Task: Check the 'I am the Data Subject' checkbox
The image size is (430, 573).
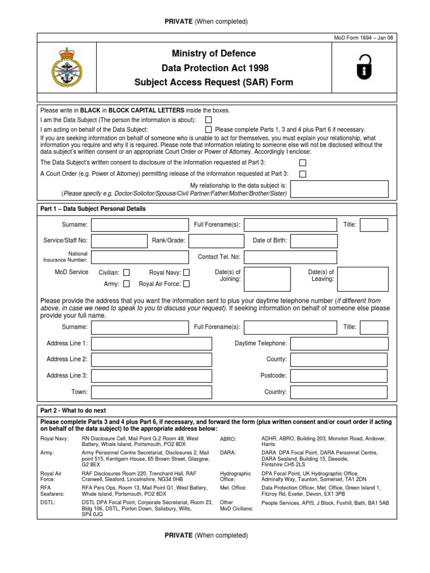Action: [208, 120]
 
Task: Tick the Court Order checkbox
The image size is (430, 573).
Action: [302, 174]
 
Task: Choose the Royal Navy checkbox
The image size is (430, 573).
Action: [186, 273]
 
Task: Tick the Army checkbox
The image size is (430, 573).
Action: [126, 284]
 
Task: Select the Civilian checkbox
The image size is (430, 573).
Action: [126, 273]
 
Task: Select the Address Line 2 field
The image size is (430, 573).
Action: [152, 359]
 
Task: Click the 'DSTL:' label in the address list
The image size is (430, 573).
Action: [49, 502]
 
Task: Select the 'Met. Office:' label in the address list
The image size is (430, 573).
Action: [233, 487]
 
